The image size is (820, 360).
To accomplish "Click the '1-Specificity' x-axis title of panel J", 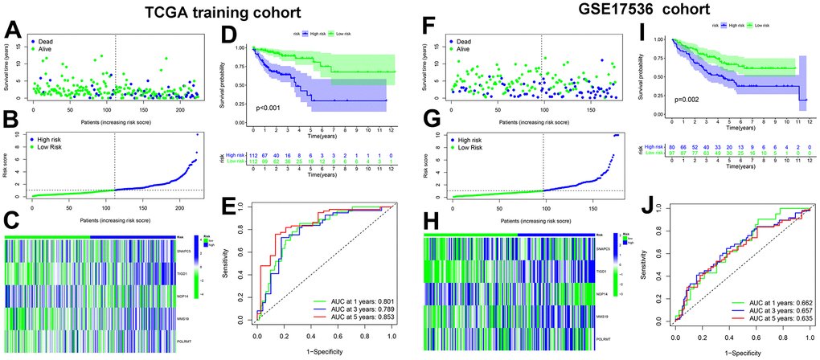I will click(740, 354).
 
